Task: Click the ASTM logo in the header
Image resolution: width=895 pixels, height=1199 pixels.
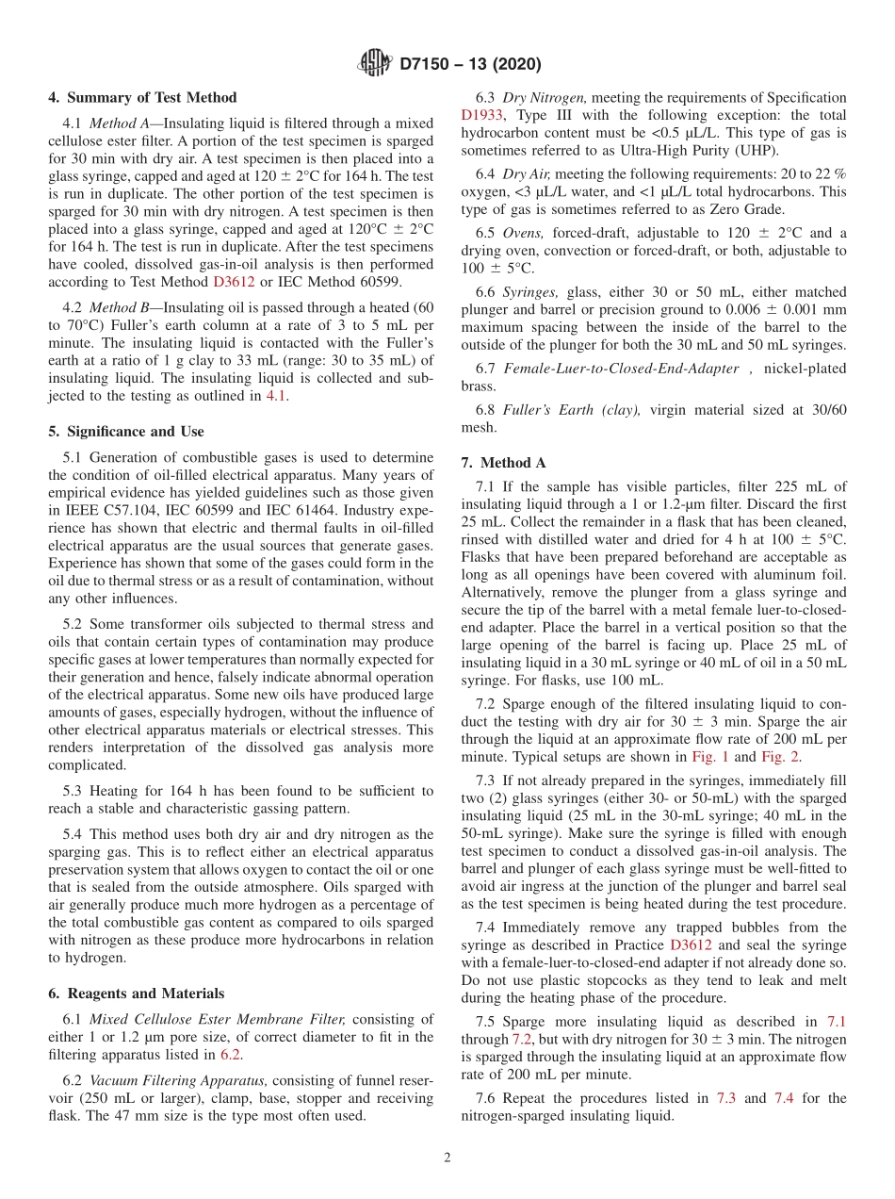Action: point(374,64)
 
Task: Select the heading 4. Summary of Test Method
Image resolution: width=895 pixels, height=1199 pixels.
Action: point(142,98)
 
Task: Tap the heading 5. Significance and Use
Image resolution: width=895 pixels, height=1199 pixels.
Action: point(125,432)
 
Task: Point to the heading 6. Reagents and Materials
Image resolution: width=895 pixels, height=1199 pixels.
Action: point(136,994)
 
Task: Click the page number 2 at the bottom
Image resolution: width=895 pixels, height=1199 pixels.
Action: point(447,1158)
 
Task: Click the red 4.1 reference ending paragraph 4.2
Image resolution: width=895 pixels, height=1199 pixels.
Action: point(275,396)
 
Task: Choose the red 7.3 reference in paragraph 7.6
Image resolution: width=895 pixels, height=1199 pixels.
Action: point(726,1098)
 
